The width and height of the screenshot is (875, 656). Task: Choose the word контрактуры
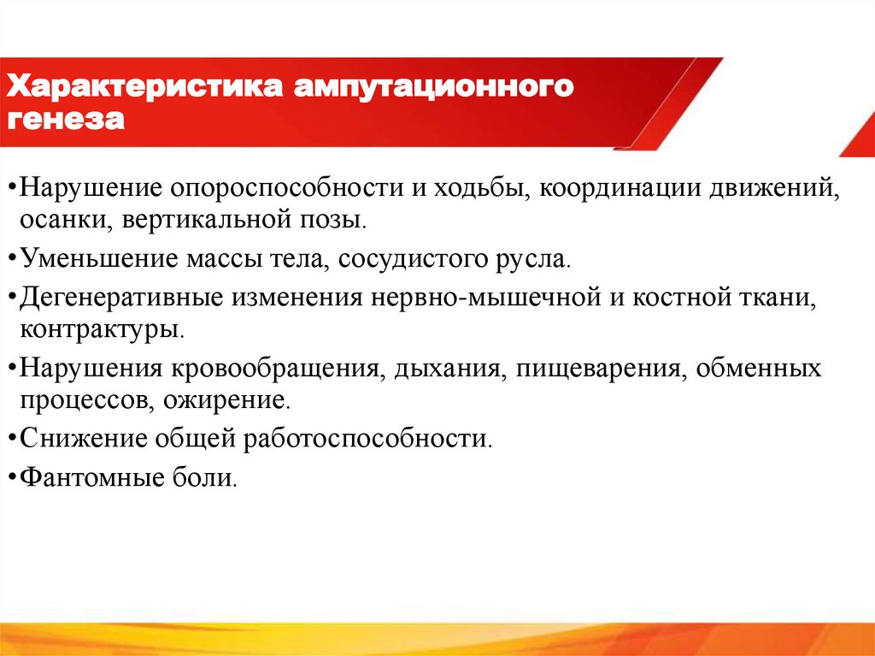pos(101,329)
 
